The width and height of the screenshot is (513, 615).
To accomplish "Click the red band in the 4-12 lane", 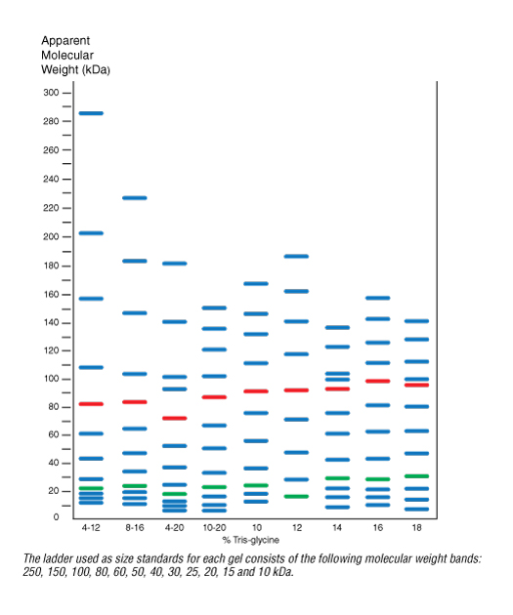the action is coord(91,403).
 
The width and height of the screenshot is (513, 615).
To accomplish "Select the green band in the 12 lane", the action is coord(296,496).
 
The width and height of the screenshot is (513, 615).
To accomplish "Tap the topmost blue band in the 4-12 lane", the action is coord(91,113).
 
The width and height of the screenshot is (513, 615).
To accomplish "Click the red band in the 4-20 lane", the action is coord(175,418).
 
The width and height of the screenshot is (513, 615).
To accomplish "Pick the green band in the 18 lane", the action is coord(416,476).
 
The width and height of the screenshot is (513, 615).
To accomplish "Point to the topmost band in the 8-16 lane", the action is coord(135,197).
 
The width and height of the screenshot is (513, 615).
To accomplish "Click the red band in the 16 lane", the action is coord(377,381).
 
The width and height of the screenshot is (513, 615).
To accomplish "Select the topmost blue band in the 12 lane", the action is coord(296,256).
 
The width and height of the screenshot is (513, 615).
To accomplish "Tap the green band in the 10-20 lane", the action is coord(214,487).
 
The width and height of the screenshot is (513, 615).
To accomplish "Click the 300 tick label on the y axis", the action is coord(51,93).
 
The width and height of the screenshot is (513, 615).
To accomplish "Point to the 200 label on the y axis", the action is coord(51,236).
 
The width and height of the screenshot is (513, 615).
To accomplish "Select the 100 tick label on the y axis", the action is coord(52,379).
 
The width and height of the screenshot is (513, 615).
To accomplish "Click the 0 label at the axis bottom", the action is coord(56,517).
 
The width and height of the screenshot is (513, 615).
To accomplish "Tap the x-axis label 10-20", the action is coord(214,527).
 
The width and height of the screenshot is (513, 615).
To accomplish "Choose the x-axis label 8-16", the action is coord(135,527).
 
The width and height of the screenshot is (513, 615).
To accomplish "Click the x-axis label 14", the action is coord(337,527).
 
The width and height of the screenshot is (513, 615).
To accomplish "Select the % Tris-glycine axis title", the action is coord(251,540).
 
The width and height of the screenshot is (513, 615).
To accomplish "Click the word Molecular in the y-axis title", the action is coord(67,55).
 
